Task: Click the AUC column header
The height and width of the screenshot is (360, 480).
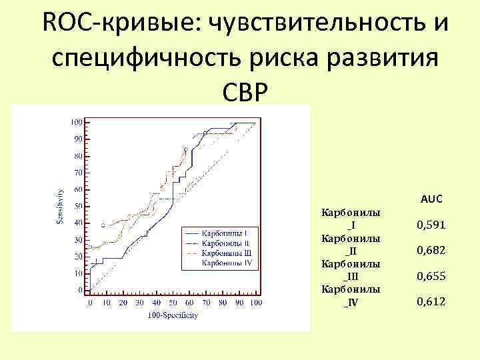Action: coord(431,199)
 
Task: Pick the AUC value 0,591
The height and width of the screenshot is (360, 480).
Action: coord(431,225)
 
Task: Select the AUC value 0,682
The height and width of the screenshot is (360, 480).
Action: coord(431,251)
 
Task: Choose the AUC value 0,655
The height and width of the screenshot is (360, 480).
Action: coord(431,276)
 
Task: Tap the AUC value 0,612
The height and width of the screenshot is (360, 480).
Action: coord(431,302)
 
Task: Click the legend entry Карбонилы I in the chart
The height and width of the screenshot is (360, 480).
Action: coord(226,233)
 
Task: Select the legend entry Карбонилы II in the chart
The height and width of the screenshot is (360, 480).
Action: coord(227,243)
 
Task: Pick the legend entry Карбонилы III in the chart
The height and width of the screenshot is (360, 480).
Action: coord(227,253)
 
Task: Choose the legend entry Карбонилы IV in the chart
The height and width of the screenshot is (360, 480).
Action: coord(227,263)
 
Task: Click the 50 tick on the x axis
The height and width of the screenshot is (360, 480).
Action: coord(173,303)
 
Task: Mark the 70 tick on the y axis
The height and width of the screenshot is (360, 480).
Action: coord(79,173)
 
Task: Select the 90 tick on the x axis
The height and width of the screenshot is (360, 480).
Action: coord(239,303)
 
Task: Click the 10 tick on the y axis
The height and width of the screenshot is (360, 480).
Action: coord(79,273)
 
